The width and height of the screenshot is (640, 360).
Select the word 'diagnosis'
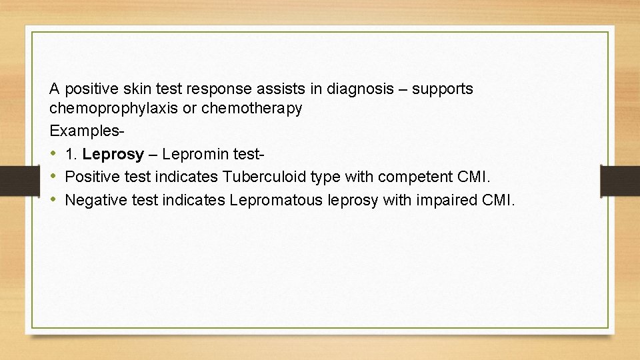(x=355, y=89)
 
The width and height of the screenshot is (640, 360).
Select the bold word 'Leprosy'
(x=113, y=155)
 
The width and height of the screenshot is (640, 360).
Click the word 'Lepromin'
(x=194, y=155)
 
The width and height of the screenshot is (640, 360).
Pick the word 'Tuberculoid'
(x=265, y=177)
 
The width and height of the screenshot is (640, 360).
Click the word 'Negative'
(x=93, y=199)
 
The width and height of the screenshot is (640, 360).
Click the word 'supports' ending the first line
(x=443, y=89)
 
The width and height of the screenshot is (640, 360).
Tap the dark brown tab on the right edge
(x=620, y=180)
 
